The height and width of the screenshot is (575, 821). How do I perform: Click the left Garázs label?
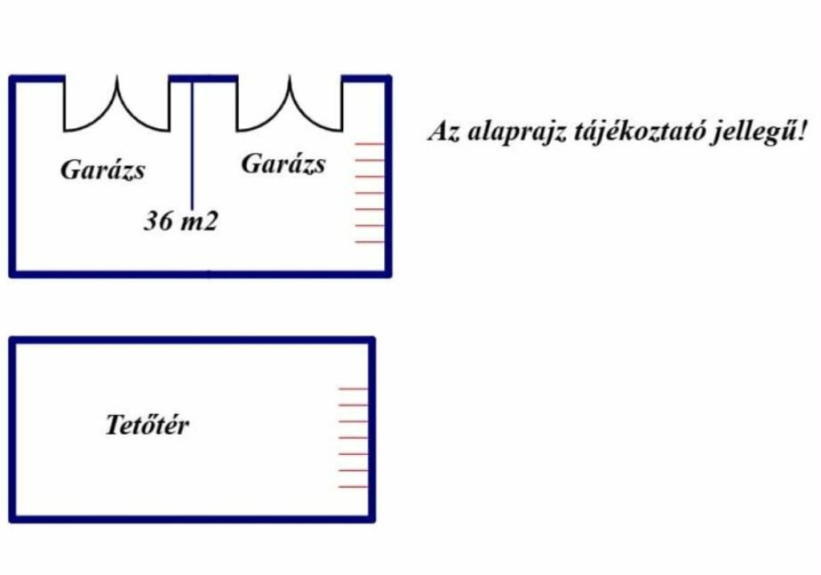click(x=103, y=170)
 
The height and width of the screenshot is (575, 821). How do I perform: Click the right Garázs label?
click(x=283, y=163)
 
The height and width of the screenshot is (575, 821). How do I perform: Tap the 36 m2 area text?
click(x=180, y=220)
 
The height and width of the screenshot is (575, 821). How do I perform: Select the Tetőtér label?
click(x=148, y=424)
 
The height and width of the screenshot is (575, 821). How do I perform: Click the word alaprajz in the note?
click(x=516, y=131)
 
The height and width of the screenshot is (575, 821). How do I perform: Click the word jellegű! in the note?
click(x=758, y=131)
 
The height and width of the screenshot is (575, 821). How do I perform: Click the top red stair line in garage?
click(x=369, y=143)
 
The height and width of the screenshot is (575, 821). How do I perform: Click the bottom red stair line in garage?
click(x=369, y=242)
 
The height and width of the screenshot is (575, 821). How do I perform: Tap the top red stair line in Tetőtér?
click(x=353, y=388)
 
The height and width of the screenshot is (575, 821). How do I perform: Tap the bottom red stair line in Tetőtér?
click(x=353, y=487)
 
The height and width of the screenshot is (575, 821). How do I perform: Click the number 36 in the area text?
click(x=158, y=220)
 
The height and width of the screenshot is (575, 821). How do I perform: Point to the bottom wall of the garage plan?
click(x=200, y=274)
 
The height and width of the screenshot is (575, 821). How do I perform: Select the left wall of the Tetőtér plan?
click(x=13, y=429)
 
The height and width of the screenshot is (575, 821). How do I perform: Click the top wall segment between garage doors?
click(x=203, y=78)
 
